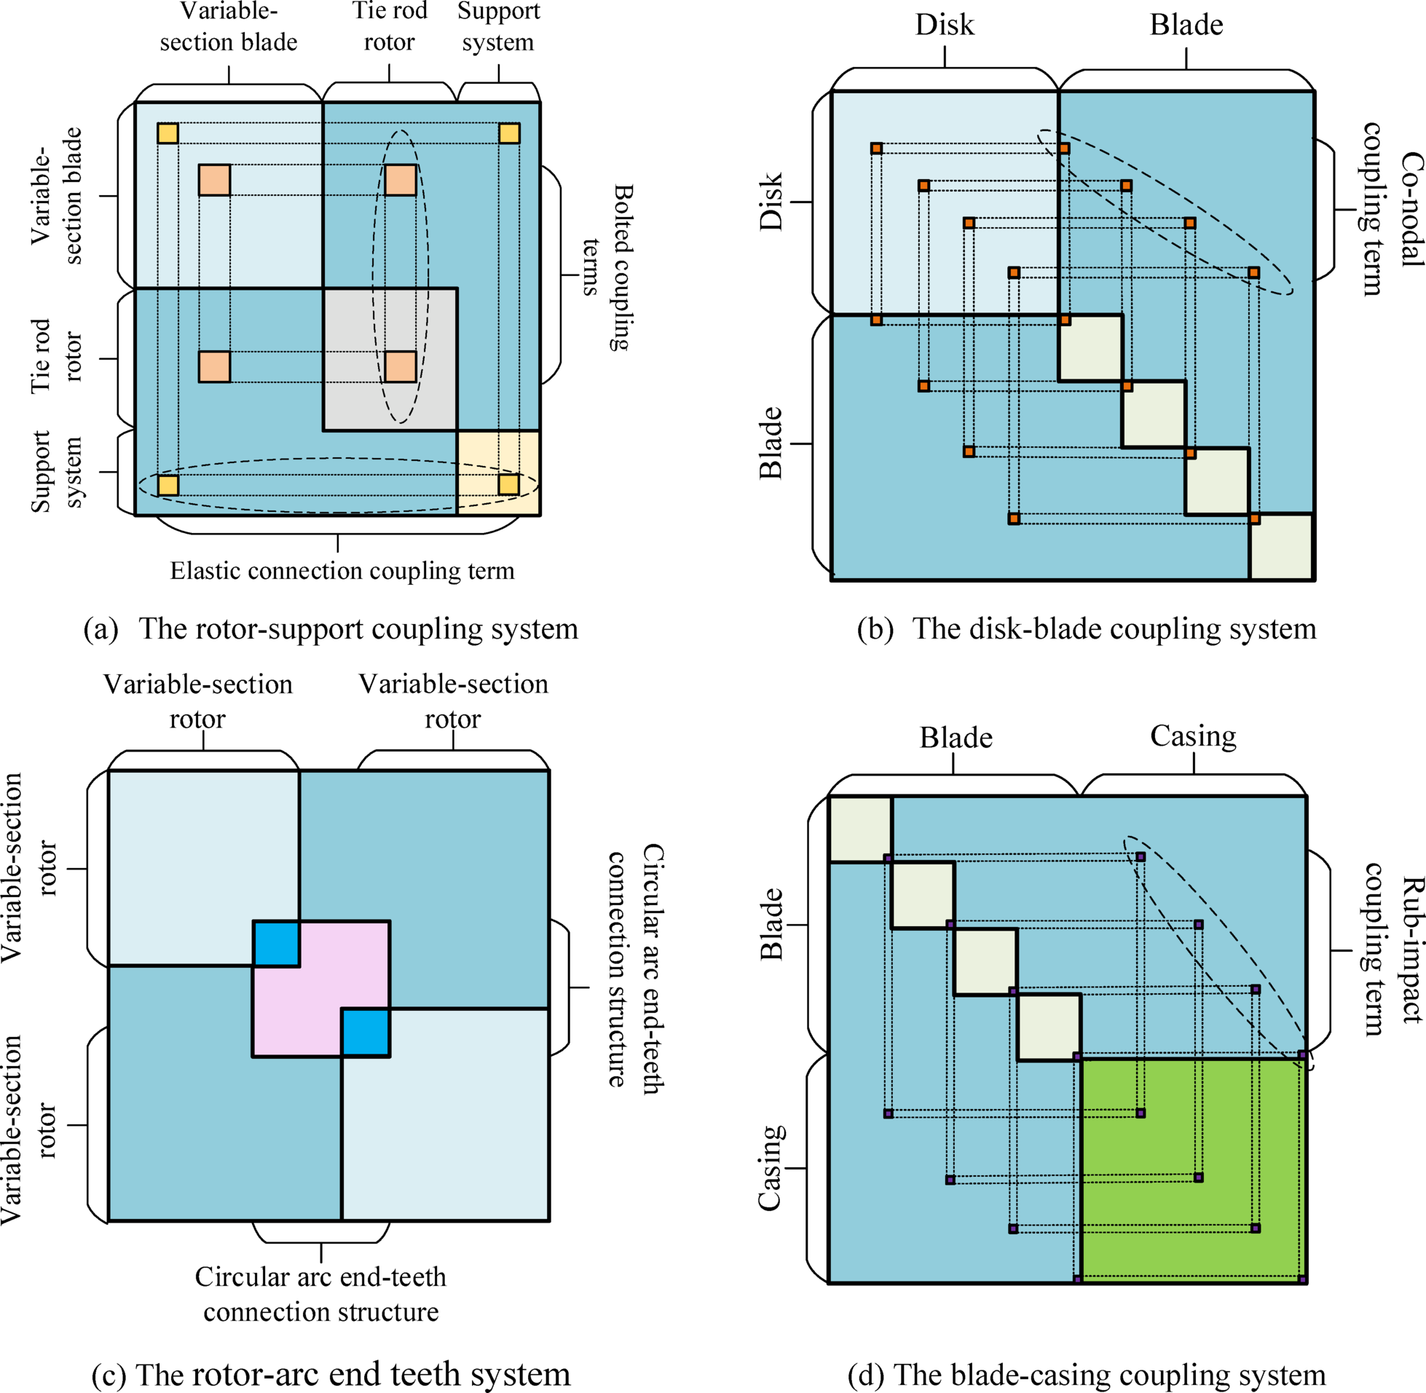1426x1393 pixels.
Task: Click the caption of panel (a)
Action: [x=331, y=629]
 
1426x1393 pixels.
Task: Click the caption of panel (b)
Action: [x=1086, y=629]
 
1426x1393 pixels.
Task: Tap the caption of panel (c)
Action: [x=331, y=1375]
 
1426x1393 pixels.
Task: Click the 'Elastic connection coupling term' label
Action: [x=342, y=571]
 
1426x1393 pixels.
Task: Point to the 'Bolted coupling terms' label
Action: [x=607, y=267]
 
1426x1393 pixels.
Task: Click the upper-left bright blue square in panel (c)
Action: [x=276, y=944]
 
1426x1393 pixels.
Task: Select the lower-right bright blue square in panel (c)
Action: [x=365, y=1033]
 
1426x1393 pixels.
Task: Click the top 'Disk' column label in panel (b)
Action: [x=945, y=25]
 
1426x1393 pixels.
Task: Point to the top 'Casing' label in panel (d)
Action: [x=1193, y=736]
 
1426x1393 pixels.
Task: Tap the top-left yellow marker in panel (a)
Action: [x=168, y=133]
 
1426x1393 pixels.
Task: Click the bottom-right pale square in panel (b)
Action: [x=1281, y=548]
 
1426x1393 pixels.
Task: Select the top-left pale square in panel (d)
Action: [x=859, y=829]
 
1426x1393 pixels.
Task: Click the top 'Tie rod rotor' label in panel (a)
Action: [x=389, y=26]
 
